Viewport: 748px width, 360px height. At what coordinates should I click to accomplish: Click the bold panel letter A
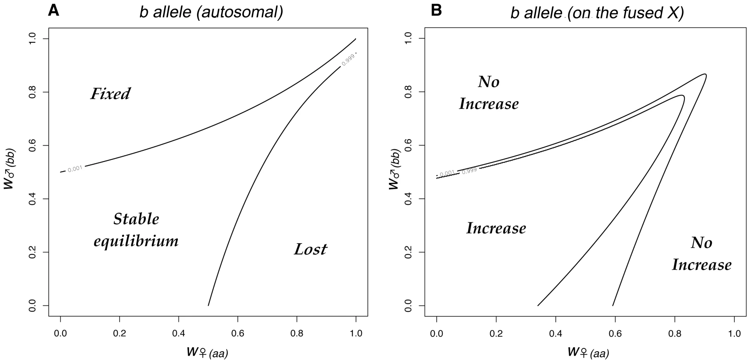click(53, 10)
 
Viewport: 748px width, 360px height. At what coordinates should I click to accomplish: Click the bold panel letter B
click(436, 10)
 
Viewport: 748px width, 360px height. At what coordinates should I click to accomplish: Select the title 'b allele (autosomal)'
click(211, 12)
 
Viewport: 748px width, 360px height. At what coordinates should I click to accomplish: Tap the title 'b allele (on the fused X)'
click(597, 13)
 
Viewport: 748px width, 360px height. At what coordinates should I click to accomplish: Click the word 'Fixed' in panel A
click(110, 94)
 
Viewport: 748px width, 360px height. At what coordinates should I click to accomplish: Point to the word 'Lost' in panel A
click(310, 249)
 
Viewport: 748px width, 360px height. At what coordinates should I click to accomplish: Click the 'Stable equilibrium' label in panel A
click(136, 230)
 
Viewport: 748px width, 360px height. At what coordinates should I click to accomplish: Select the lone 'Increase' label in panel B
click(496, 228)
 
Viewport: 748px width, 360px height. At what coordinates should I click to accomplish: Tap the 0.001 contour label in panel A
click(75, 169)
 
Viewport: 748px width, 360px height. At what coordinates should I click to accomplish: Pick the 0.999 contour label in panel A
click(348, 60)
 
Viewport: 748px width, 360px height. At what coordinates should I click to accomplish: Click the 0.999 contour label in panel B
click(469, 171)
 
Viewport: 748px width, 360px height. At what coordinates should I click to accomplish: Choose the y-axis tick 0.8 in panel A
click(33, 92)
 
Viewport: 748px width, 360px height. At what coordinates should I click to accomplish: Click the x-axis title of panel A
click(207, 352)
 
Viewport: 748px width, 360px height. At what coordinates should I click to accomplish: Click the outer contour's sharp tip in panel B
click(705, 74)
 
